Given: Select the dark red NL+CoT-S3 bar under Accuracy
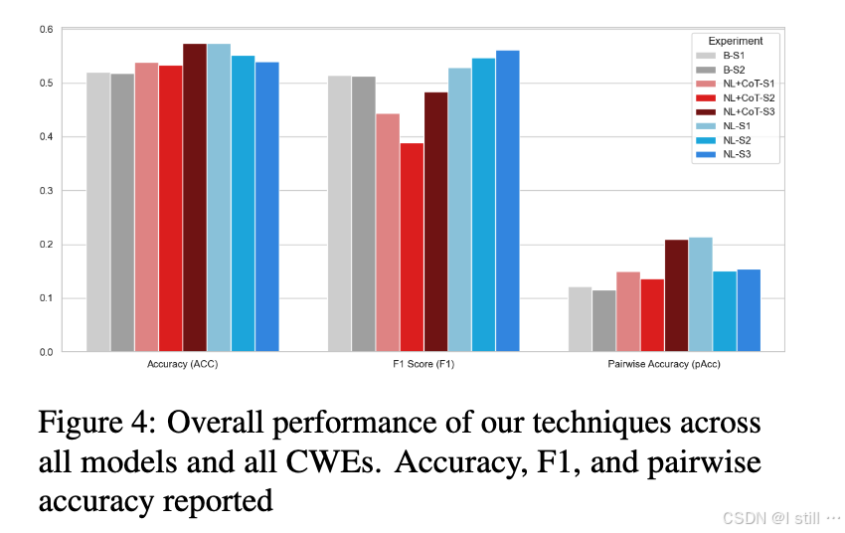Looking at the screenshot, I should [195, 198].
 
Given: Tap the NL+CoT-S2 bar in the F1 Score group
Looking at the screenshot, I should [412, 248].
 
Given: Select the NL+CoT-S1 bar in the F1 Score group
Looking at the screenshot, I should [388, 233].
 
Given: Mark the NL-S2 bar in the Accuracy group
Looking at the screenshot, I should [243, 204].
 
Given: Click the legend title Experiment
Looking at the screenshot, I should [737, 41].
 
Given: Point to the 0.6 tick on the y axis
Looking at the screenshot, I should [46, 29].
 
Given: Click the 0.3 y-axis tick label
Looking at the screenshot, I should [46, 190].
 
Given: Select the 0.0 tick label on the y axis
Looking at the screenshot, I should [46, 352].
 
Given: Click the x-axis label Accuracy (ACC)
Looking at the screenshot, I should [182, 366].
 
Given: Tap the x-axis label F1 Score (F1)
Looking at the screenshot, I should [423, 366].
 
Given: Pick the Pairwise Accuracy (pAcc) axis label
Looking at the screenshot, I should [664, 366].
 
